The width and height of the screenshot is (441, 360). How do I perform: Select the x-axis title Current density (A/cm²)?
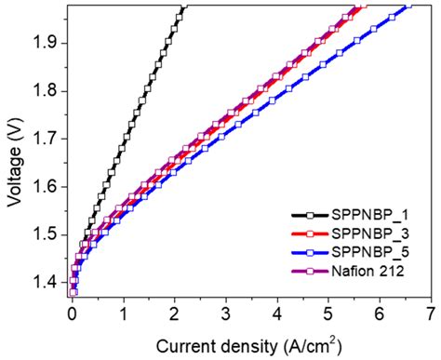point(247,346)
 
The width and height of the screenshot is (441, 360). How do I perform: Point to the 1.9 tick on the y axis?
point(45,44)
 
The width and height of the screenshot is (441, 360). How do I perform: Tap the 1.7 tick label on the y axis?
point(45,139)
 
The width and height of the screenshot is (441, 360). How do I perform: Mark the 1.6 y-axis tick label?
point(45,187)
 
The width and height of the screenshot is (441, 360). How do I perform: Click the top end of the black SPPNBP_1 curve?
point(184,7)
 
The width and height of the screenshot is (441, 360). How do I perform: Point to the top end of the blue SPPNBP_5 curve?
point(409,7)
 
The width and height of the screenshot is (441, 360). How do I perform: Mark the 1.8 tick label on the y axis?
point(45,91)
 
